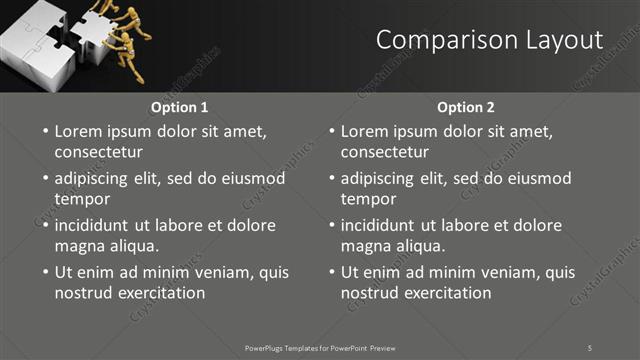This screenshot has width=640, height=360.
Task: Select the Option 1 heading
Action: [x=180, y=107]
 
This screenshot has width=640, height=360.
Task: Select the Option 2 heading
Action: [x=466, y=107]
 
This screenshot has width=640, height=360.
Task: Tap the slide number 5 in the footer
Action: [x=590, y=347]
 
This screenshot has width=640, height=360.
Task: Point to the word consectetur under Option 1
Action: [x=98, y=152]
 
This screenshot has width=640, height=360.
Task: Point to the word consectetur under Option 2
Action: [x=384, y=152]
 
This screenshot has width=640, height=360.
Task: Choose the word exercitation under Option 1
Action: [x=160, y=293]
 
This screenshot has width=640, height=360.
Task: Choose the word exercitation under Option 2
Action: [x=446, y=293]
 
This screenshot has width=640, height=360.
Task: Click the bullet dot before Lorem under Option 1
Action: [x=44, y=132]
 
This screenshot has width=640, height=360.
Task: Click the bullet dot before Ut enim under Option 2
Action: [x=330, y=272]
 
